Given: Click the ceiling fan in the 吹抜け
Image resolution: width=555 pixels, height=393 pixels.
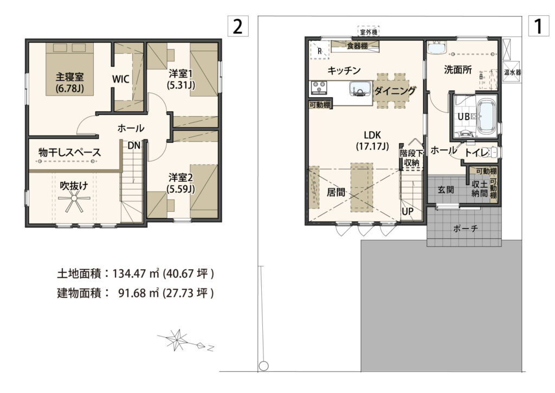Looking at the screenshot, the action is (74, 204).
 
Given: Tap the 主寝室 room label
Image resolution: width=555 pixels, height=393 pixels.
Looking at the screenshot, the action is (69, 77).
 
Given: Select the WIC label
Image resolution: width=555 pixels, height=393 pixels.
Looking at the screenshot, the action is (121, 79).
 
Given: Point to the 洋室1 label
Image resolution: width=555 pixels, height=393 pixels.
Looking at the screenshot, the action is (180, 74).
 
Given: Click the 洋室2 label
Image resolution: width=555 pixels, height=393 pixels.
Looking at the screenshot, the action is (181, 177).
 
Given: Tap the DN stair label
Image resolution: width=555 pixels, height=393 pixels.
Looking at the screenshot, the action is (134, 145).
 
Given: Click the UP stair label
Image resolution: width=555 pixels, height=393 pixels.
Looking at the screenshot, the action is (408, 211).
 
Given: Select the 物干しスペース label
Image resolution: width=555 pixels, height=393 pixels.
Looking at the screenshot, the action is (70, 153).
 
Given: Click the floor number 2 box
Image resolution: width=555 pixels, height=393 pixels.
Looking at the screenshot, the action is (238, 27).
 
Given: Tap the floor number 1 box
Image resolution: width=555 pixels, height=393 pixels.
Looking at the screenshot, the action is (538, 26).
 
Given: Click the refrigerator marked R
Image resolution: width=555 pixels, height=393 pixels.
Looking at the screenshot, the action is (320, 50).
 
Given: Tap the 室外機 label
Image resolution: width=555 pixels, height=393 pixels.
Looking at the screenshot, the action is (369, 33).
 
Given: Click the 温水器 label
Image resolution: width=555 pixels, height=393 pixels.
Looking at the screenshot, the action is (513, 72).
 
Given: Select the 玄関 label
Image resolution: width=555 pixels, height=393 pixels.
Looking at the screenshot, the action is (446, 189).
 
